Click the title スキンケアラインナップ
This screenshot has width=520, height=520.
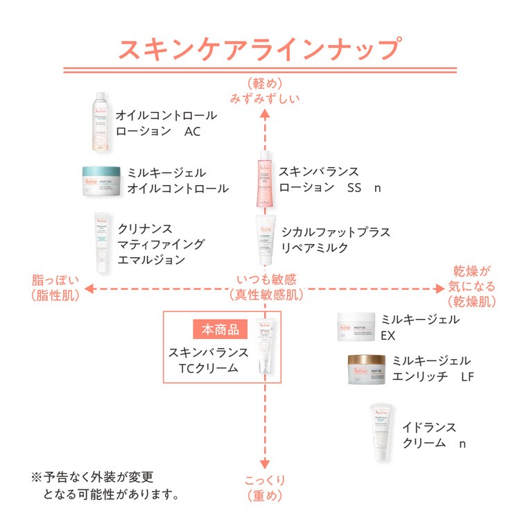click(x=260, y=50)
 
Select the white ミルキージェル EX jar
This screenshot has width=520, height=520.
click(x=356, y=326)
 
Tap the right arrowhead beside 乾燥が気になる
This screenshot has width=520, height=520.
click(x=439, y=288)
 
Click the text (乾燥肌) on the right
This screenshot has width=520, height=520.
click(x=471, y=302)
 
